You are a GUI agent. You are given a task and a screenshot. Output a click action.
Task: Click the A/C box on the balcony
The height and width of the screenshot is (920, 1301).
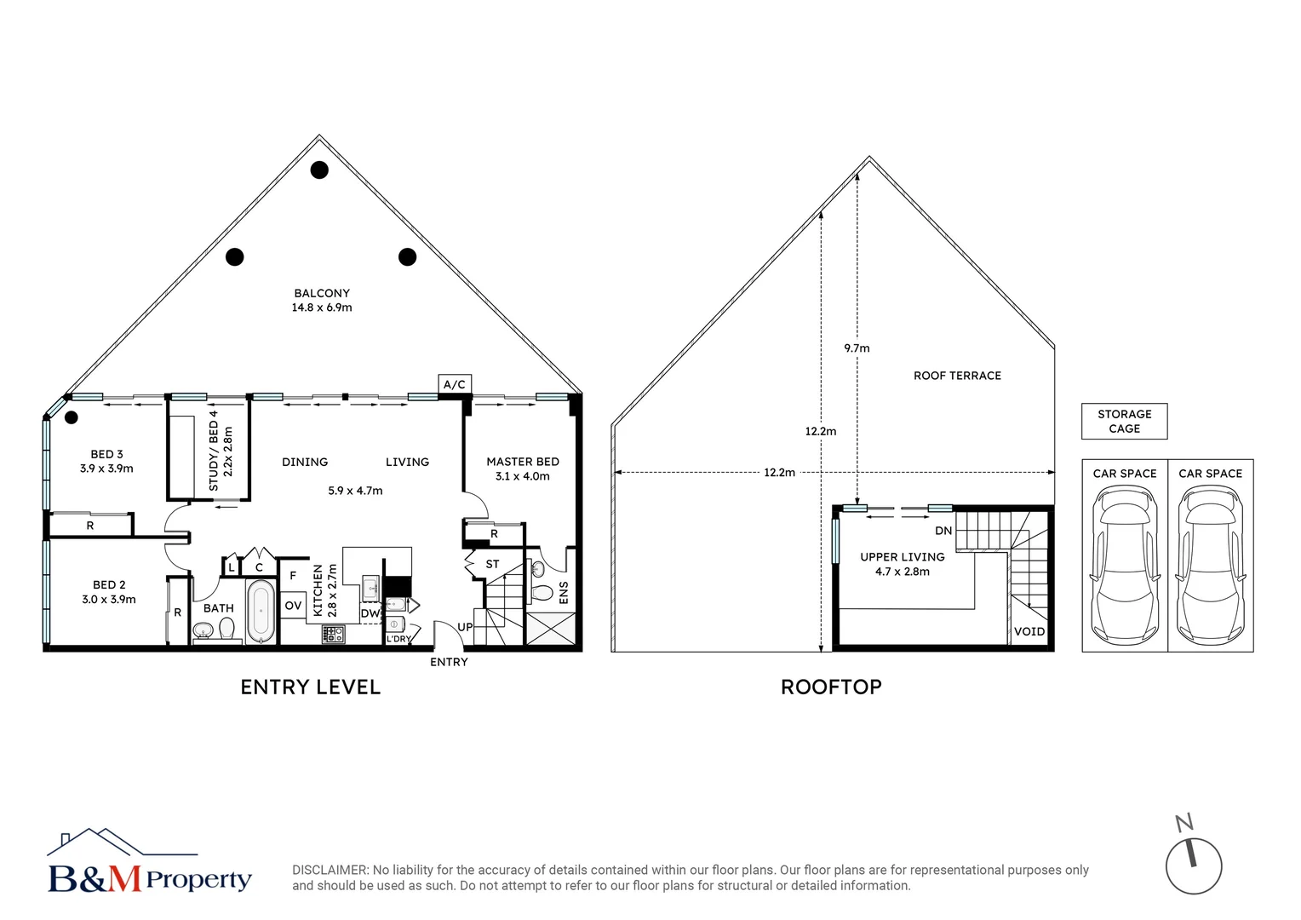[455, 384]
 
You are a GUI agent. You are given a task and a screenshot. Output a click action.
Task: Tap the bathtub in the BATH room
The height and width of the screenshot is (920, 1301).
[261, 610]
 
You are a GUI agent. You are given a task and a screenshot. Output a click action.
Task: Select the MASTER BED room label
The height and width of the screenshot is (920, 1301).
[522, 462]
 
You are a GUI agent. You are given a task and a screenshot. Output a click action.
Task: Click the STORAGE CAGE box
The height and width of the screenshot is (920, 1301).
[1124, 422]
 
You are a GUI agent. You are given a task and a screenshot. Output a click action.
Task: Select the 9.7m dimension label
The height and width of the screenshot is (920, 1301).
[857, 348]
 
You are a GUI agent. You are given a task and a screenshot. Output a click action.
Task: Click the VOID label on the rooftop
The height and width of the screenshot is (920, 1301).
[1029, 631]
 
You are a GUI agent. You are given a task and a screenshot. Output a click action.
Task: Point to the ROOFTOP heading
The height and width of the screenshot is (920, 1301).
[831, 687]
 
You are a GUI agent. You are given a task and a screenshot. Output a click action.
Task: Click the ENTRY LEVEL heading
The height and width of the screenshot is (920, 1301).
[310, 687]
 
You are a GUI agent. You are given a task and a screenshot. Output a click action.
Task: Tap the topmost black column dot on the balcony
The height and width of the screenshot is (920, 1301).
[319, 170]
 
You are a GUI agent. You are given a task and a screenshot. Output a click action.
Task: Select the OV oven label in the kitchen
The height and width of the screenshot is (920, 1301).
[293, 606]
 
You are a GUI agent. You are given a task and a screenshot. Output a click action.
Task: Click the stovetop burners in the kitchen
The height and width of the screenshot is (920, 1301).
[333, 635]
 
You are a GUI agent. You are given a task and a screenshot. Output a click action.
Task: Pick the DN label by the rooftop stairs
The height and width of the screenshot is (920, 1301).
[943, 531]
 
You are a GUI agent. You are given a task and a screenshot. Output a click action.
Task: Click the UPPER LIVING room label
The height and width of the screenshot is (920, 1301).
[902, 557]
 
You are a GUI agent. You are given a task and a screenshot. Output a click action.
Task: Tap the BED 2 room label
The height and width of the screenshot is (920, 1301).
[109, 585]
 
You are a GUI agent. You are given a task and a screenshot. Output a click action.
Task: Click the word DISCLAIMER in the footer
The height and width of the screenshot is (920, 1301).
[330, 870]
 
